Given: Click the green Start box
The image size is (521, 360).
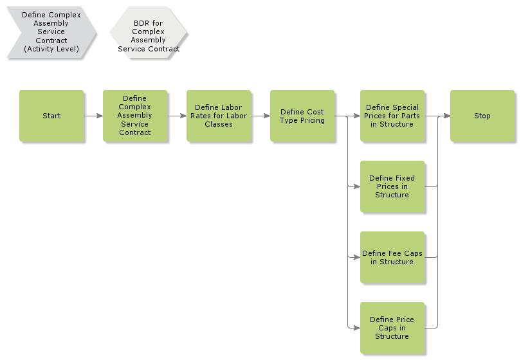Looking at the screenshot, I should tap(51, 116).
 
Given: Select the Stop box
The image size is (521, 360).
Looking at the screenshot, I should tap(482, 116).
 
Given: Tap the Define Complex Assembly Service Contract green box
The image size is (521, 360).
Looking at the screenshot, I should tap(134, 116).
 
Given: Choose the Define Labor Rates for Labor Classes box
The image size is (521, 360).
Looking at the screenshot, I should tap(218, 116).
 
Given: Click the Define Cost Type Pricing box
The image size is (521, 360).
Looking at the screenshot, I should tap(302, 116).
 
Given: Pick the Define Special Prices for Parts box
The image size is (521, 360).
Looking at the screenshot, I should tap(392, 116).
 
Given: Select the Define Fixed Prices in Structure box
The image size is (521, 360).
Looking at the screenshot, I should tap(392, 186).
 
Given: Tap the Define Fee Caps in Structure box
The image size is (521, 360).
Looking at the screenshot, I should tap(392, 257).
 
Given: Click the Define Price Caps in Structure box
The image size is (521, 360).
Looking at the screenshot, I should tap(392, 328).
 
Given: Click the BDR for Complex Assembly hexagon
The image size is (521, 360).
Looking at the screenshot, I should tap(149, 32).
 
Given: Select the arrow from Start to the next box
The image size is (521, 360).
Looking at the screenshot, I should tap(93, 116).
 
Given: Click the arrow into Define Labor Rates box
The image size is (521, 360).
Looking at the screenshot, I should tap(177, 116).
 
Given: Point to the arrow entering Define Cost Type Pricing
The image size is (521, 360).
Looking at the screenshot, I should tap(260, 116).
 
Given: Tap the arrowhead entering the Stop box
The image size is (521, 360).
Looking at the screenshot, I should tap(446, 116).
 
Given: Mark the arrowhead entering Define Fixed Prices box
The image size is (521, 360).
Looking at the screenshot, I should tap(356, 187).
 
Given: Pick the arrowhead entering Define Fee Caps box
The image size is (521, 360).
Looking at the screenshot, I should tap(356, 258).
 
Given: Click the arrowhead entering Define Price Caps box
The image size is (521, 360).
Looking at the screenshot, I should tap(356, 328).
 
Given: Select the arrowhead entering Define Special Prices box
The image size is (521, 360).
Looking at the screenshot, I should tap(356, 116).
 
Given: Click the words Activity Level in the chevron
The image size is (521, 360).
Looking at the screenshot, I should tap(51, 49).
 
